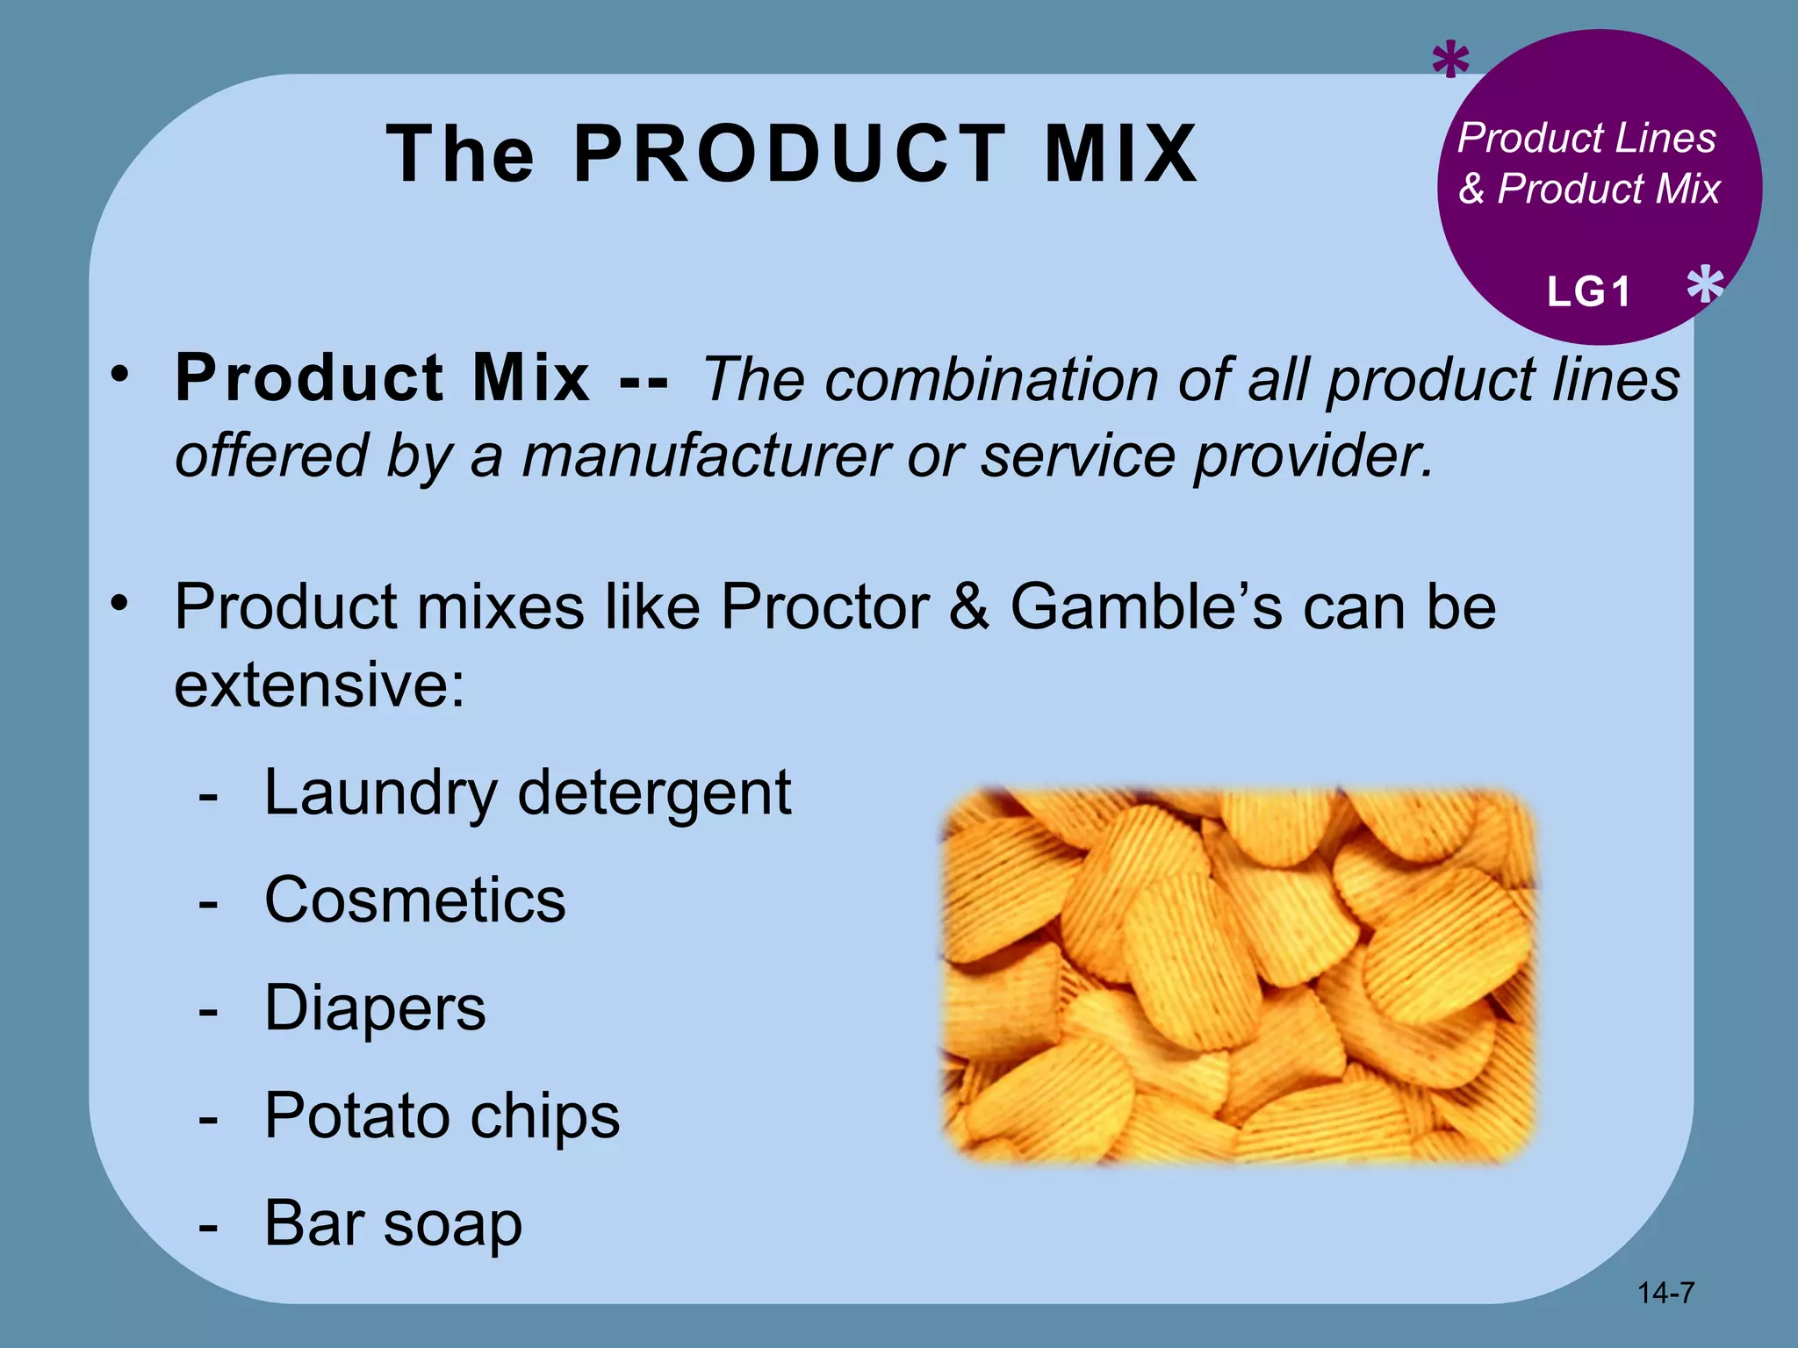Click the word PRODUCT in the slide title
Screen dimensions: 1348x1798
click(790, 154)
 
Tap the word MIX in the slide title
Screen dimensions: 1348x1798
click(1120, 154)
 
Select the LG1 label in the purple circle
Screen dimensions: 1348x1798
click(1588, 291)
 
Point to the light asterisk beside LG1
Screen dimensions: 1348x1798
click(1705, 285)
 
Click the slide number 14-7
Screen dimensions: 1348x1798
click(1665, 1293)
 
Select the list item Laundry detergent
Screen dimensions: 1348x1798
click(527, 793)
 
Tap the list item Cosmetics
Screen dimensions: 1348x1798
click(415, 901)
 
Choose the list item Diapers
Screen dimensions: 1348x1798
click(375, 1008)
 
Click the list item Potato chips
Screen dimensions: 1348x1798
click(442, 1116)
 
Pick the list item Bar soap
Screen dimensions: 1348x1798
click(392, 1223)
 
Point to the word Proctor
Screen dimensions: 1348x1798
click(824, 606)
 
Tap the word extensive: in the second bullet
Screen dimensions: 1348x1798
click(320, 685)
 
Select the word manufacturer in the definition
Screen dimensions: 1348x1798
click(706, 456)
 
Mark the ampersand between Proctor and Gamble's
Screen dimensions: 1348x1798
click(969, 606)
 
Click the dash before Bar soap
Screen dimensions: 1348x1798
click(208, 1225)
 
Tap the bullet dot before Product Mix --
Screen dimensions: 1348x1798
click(119, 376)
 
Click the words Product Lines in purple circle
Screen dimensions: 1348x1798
click(1586, 138)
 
